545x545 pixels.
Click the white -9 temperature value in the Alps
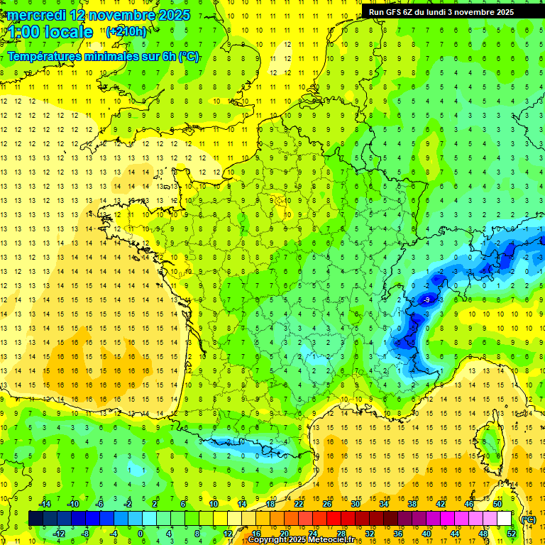pos(426,300)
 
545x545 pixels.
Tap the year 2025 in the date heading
pos(173,15)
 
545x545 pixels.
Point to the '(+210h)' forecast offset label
pos(126,31)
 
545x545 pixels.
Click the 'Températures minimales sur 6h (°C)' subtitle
pos(104,56)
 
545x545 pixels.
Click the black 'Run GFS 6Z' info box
pos(451,12)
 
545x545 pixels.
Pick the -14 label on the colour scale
pos(45,504)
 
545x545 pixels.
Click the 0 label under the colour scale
pos(141,534)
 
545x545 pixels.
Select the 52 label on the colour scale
pos(512,534)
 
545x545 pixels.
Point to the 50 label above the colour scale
pos(497,504)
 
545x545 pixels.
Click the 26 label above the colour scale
pos(327,504)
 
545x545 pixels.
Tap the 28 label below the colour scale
pos(341,534)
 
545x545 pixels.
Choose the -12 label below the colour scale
pos(60,534)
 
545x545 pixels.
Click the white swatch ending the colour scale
pos(504,519)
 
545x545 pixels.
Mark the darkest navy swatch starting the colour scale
pos(35,519)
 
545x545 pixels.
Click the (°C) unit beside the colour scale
pos(529,519)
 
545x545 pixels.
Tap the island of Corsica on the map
pos(488,444)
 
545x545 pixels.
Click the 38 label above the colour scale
pos(412,504)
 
